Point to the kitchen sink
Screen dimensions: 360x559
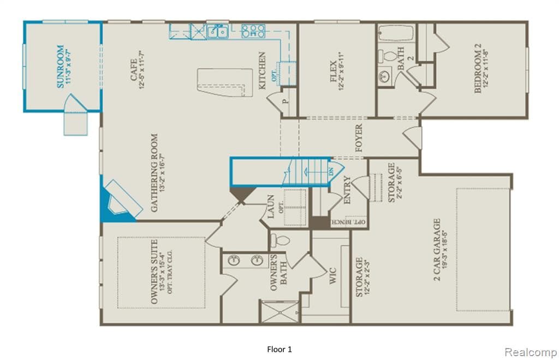tap(217, 31)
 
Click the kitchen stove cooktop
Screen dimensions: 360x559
tap(253, 31)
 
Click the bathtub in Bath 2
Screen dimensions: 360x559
tap(396, 33)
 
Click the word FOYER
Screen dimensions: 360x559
tap(359, 138)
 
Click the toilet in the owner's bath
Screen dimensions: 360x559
tap(280, 239)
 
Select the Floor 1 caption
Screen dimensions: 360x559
tap(283, 349)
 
